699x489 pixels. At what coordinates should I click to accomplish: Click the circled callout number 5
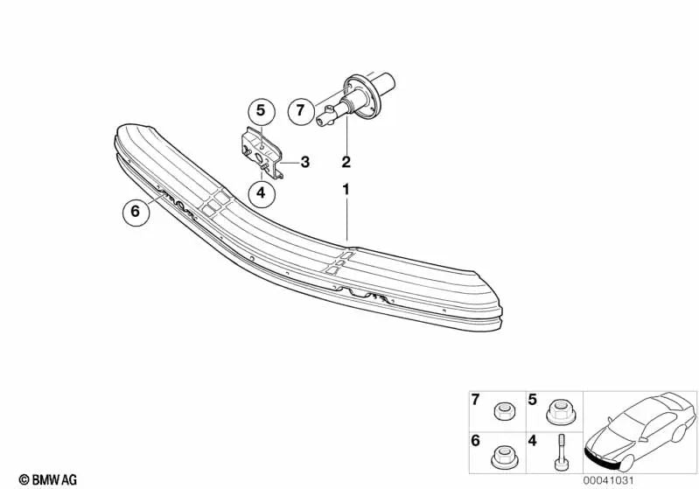(260, 111)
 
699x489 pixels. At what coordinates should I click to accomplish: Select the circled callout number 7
(300, 111)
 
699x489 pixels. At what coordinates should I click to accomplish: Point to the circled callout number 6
(135, 211)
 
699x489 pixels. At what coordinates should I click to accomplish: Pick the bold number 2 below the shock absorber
(346, 162)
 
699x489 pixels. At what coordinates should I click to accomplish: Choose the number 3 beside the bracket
(304, 162)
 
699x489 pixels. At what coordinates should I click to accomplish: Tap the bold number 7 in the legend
(476, 401)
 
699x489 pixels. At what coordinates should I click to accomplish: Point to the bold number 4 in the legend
(531, 442)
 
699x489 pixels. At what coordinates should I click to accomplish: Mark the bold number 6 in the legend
(476, 442)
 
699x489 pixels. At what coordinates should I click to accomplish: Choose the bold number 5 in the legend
(531, 401)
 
